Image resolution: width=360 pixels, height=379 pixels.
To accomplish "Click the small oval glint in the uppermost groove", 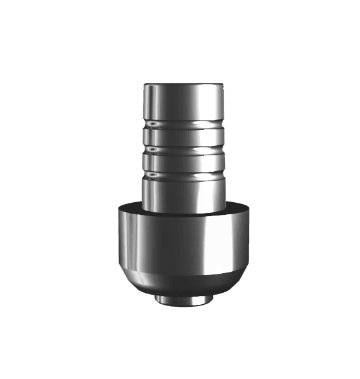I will pos(153,123).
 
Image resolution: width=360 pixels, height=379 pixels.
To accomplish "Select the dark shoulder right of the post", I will pos(236,207).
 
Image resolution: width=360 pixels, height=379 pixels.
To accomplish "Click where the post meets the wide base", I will pos(182,210).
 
